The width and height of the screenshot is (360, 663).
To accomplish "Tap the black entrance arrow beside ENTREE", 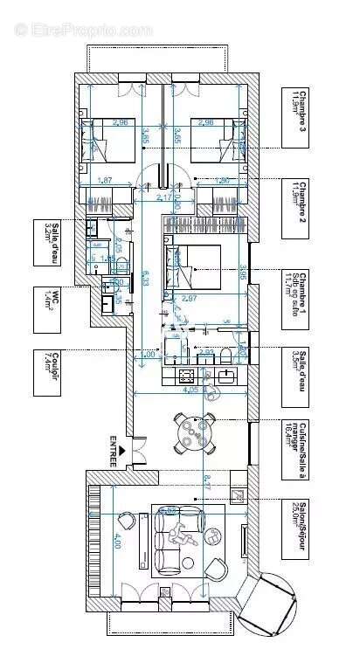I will pyautogui.click(x=123, y=451).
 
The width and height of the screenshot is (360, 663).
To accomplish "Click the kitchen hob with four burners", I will pyautogui.click(x=186, y=376).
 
